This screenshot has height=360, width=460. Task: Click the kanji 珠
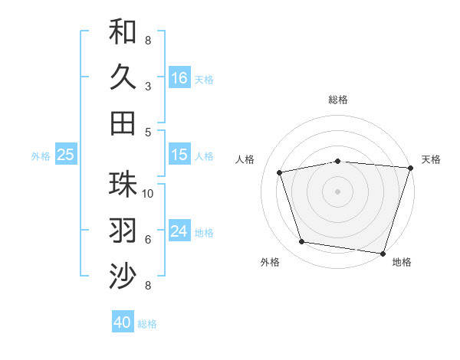(x=123, y=185)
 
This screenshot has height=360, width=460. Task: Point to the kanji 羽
(x=123, y=231)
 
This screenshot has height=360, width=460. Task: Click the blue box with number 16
(x=179, y=77)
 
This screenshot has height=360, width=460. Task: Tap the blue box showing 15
(x=179, y=155)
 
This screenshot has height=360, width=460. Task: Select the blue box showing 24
(x=179, y=231)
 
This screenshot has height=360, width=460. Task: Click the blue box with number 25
(x=66, y=155)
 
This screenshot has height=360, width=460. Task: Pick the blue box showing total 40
(x=123, y=322)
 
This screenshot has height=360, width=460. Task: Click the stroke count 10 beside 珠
(x=148, y=193)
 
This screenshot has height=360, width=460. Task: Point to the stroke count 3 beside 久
(x=148, y=86)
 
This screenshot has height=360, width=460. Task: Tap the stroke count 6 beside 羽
(x=148, y=239)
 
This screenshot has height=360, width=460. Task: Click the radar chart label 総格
(x=338, y=100)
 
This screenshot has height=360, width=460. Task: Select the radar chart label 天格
(x=431, y=159)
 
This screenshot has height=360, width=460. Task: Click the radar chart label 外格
(x=270, y=262)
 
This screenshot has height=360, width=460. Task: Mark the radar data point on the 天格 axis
(x=409, y=168)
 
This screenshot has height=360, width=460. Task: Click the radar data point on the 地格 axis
(x=383, y=253)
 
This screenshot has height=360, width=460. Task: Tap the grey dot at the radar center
(x=338, y=191)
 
